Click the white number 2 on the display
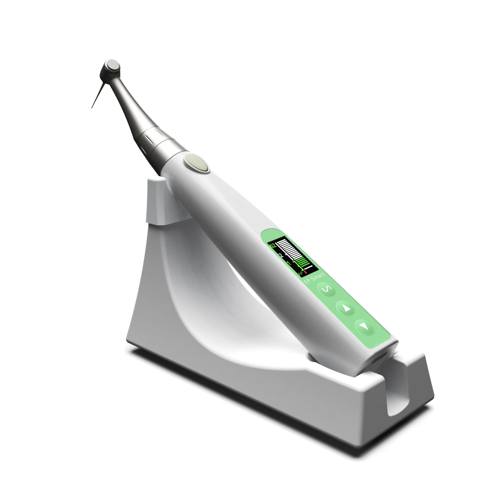(282, 255)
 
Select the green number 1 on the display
(289, 263)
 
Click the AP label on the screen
(300, 273)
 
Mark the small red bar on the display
(306, 272)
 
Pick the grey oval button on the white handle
(196, 161)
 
